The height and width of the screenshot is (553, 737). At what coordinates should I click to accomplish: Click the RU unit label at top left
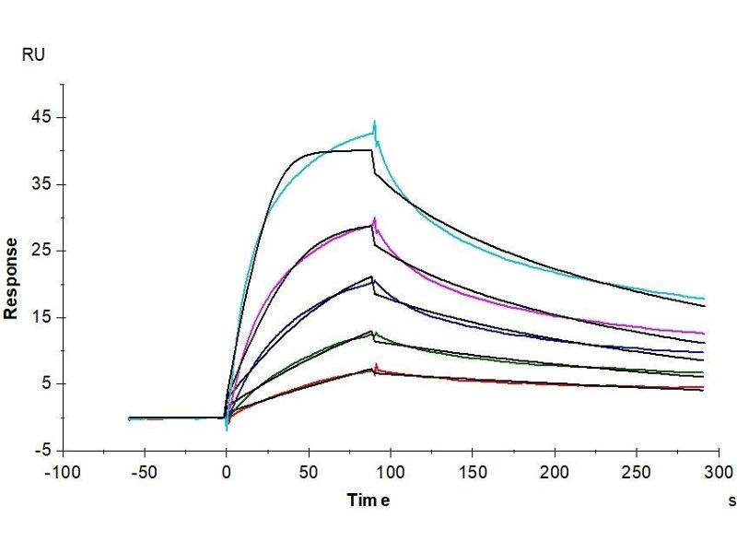tap(32, 55)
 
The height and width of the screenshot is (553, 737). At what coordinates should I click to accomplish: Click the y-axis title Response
tap(11, 277)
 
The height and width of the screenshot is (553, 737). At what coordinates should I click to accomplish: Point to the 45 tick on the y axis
tap(42, 118)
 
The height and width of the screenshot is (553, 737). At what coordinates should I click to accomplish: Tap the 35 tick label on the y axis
tap(42, 184)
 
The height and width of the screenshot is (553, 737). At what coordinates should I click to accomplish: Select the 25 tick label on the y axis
tap(42, 251)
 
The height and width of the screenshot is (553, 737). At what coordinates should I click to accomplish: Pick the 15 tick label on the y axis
tap(42, 318)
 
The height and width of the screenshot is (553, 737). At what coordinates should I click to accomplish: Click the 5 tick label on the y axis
tap(46, 384)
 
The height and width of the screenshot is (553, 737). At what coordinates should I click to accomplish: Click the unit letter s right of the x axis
tap(732, 501)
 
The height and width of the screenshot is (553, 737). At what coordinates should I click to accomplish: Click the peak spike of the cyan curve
tap(375, 122)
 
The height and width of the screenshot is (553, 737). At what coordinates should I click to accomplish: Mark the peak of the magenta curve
tap(375, 218)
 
